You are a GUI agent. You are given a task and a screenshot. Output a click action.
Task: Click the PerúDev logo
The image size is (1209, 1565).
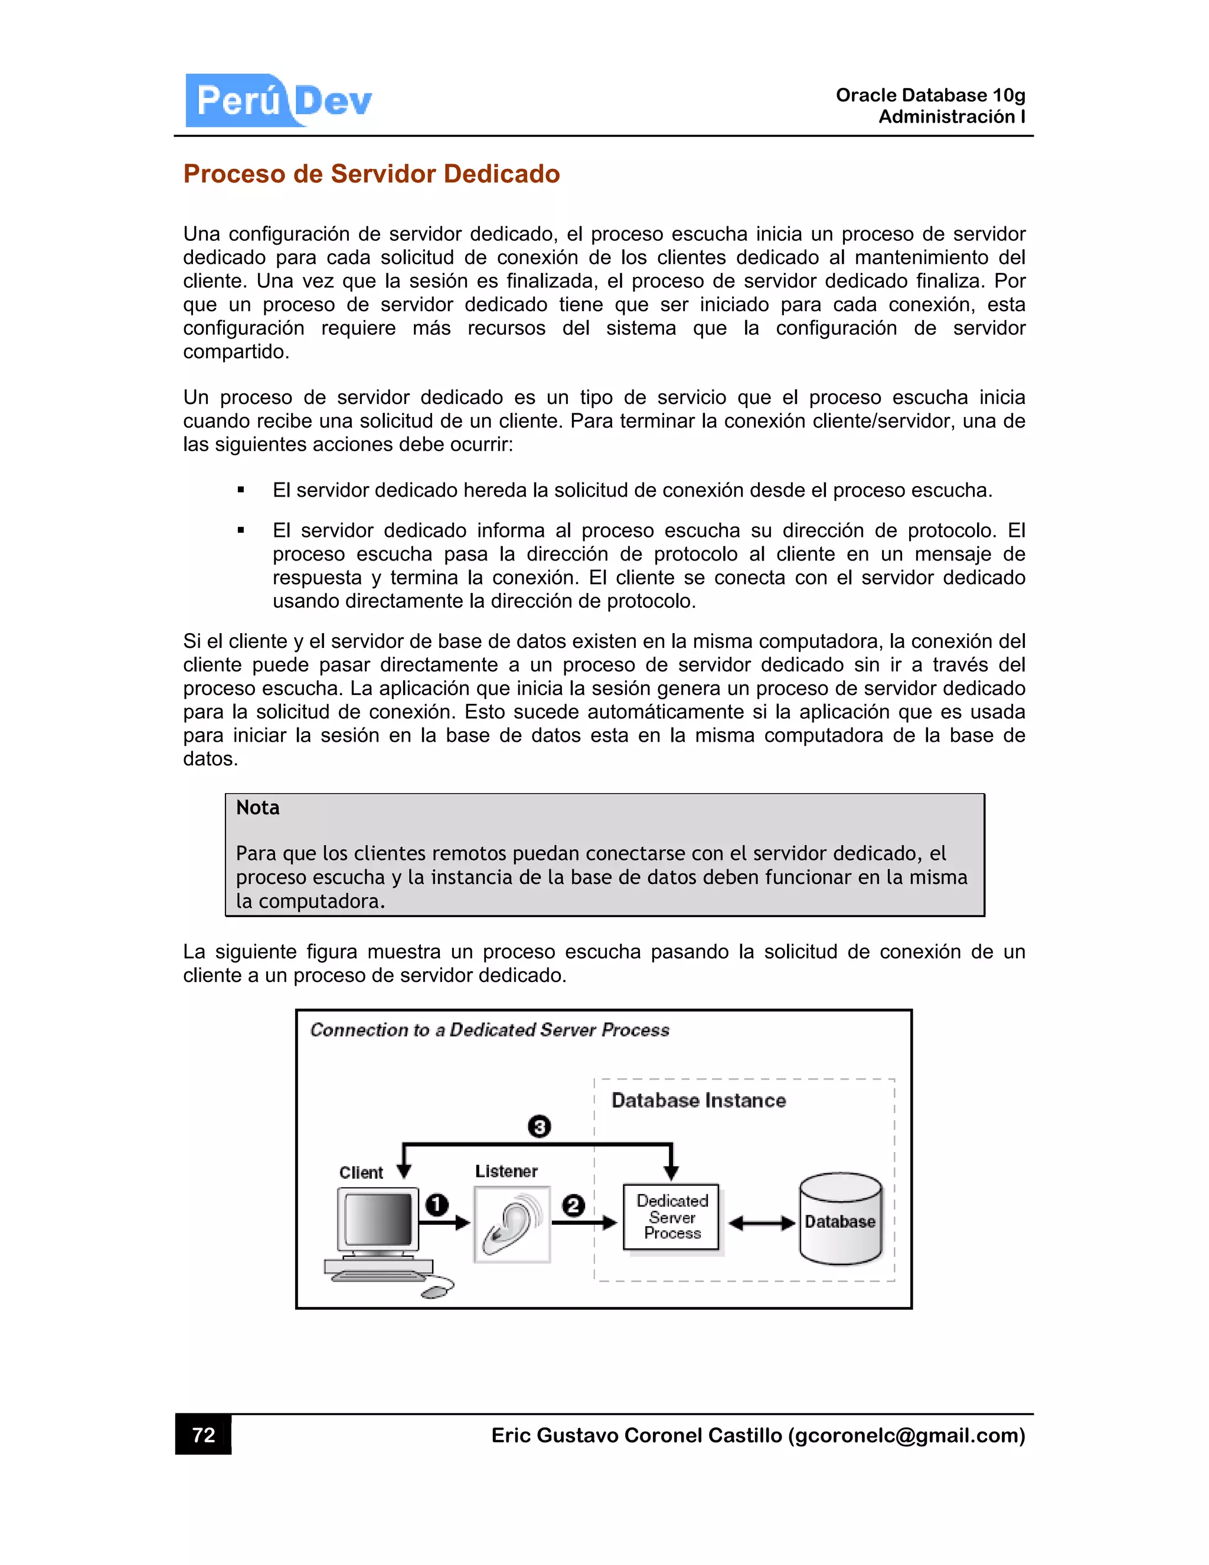click(279, 100)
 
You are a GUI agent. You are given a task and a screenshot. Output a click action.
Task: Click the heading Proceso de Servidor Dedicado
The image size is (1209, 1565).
click(371, 174)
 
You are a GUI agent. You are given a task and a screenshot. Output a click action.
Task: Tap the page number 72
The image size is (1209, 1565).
click(204, 1434)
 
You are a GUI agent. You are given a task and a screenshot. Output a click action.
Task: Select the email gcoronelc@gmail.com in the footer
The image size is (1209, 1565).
click(907, 1435)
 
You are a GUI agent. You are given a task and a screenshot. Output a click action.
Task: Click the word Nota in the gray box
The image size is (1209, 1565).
click(258, 807)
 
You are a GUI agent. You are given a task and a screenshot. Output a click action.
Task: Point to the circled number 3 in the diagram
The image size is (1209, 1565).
click(540, 1126)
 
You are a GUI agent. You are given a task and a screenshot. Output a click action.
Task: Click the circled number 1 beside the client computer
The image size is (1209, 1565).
click(437, 1205)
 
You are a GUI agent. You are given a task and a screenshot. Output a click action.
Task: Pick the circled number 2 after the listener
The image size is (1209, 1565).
click(573, 1205)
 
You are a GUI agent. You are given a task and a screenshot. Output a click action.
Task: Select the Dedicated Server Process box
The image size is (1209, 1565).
click(671, 1217)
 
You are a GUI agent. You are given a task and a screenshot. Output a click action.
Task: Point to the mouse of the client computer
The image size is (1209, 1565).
click(436, 1290)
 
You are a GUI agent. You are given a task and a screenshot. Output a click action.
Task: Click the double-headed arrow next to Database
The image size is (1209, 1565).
click(762, 1223)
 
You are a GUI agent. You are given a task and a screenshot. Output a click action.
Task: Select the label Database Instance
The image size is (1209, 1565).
click(698, 1100)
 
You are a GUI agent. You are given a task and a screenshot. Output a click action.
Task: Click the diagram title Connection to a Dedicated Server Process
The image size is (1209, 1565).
click(490, 1030)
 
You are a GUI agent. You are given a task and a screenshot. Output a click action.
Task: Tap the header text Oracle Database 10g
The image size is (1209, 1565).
click(930, 95)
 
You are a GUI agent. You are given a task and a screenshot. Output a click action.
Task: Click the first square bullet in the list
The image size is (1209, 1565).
click(241, 491)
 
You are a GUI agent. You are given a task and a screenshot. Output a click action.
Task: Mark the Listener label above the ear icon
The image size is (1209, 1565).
click(506, 1171)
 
